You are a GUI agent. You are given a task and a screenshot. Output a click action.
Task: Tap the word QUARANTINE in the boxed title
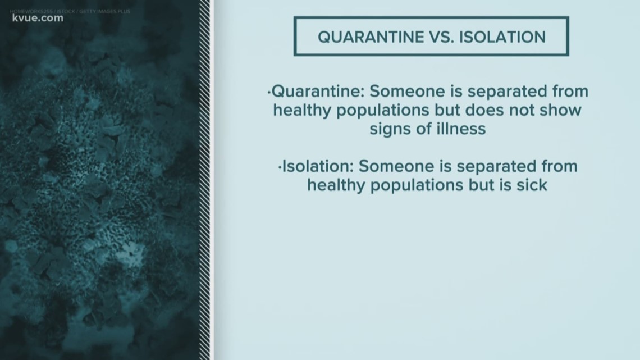[365, 37]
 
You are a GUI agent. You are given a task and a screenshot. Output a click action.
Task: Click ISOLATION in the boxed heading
[501, 37]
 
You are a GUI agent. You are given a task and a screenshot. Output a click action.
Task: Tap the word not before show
[523, 110]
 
